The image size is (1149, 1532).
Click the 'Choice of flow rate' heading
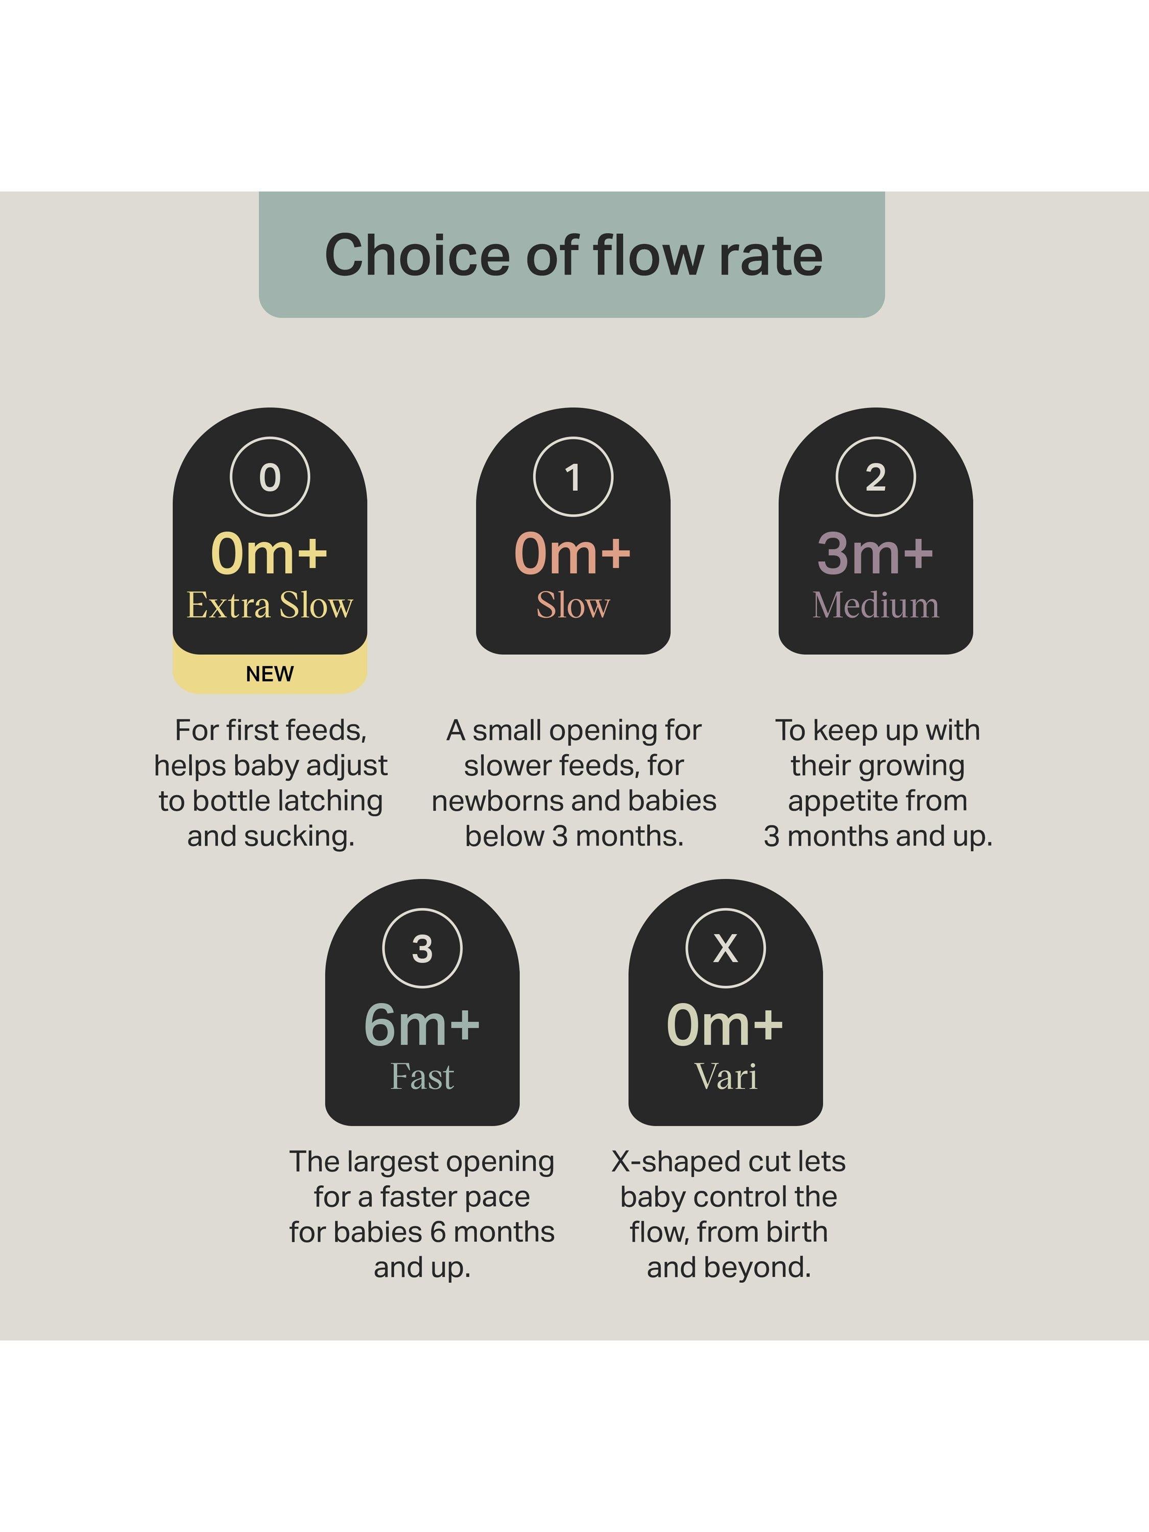[573, 255]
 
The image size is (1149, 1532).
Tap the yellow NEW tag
[270, 673]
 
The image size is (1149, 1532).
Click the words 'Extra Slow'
[270, 605]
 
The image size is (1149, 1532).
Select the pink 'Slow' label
[573, 605]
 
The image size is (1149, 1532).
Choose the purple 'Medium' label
[875, 605]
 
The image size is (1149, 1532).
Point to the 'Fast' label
[422, 1076]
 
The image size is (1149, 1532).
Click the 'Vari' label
[726, 1076]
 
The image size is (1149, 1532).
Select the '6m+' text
[422, 1024]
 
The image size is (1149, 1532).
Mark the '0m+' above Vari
[725, 1024]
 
